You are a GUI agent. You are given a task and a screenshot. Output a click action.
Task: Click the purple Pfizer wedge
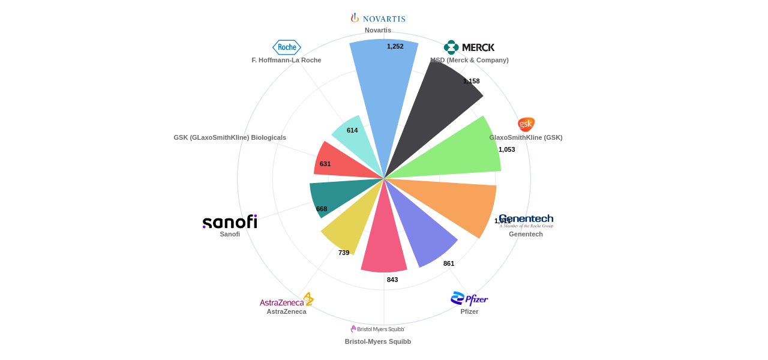[x=423, y=231]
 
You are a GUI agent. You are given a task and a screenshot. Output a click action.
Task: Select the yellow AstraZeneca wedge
[x=351, y=225]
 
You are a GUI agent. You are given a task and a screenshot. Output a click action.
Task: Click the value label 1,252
[x=395, y=46]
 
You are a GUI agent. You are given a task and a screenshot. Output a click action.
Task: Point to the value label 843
[x=392, y=280]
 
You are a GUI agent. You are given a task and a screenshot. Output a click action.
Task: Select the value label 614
[x=352, y=130]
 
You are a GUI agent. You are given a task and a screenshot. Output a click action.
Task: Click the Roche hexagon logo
[x=287, y=47]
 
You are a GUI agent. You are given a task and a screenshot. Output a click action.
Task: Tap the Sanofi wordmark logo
[x=230, y=222]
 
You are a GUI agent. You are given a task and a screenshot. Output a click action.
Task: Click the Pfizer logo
[x=469, y=299]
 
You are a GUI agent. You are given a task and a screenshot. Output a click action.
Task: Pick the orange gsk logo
[x=526, y=124]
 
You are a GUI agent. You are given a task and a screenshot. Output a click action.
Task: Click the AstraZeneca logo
[x=287, y=300]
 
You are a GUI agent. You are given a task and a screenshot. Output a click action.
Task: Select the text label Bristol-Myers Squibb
[x=378, y=341]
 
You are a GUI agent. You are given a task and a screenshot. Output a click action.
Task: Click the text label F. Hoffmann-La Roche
[x=286, y=60]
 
